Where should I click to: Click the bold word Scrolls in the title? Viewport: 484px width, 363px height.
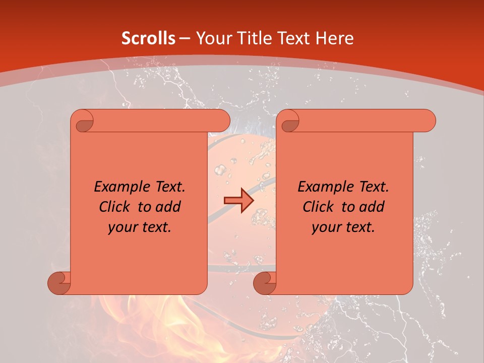pyautogui.click(x=149, y=38)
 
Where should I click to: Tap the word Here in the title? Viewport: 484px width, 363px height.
pyautogui.click(x=334, y=38)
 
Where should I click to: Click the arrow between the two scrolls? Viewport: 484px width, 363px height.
pyautogui.click(x=238, y=201)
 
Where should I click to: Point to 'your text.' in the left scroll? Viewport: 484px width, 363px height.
pyautogui.click(x=140, y=227)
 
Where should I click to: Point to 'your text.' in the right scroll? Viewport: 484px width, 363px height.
pyautogui.click(x=343, y=227)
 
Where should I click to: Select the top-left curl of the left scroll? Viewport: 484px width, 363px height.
pyautogui.click(x=83, y=122)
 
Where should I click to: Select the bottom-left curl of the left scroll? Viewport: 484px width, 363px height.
pyautogui.click(x=59, y=283)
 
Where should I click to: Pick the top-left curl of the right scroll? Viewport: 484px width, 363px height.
pyautogui.click(x=288, y=122)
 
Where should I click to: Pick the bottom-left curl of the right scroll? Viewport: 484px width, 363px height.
pyautogui.click(x=264, y=283)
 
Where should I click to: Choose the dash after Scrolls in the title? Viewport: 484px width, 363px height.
pyautogui.click(x=185, y=38)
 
